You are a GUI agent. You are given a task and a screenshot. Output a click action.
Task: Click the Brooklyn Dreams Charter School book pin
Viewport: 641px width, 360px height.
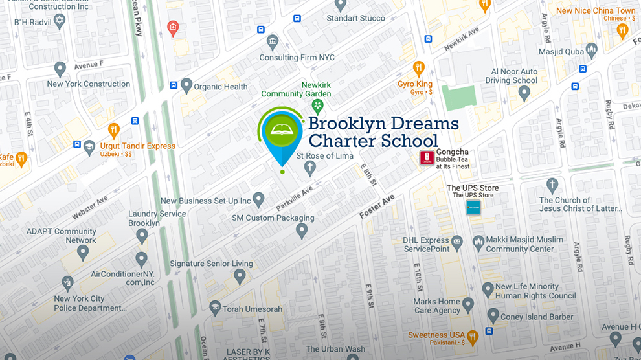(282, 133)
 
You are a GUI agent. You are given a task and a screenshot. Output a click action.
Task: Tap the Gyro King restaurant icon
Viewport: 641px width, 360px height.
(419, 68)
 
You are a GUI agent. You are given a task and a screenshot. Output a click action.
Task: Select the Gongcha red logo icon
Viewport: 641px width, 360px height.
(427, 157)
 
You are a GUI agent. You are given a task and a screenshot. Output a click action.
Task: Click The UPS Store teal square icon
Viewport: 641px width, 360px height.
(473, 208)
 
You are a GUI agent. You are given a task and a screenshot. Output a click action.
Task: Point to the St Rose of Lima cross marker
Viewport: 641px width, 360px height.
(310, 168)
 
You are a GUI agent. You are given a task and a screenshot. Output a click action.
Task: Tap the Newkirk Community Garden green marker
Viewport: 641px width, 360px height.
(317, 106)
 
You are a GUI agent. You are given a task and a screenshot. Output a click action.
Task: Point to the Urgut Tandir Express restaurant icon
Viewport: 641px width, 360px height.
(114, 129)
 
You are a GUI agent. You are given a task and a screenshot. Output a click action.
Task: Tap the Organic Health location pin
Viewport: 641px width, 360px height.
(186, 85)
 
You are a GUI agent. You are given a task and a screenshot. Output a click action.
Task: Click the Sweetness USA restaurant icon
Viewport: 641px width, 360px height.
(473, 335)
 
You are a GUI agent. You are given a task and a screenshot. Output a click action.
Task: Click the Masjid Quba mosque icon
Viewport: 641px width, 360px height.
(590, 51)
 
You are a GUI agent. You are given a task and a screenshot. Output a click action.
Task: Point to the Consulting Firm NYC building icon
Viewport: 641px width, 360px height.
(273, 43)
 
